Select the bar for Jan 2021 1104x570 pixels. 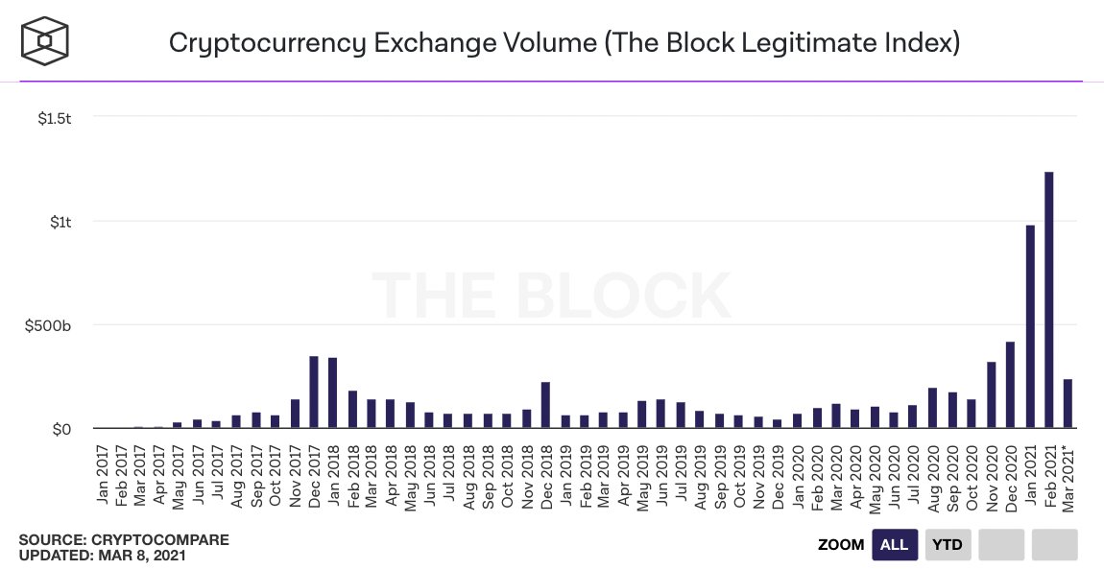click(1029, 326)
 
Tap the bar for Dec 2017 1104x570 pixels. click(314, 392)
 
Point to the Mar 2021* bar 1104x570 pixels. click(1068, 403)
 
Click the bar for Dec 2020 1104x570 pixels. click(1010, 385)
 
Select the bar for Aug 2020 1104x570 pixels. click(932, 408)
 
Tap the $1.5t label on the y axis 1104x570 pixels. click(54, 118)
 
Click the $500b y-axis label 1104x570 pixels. click(49, 325)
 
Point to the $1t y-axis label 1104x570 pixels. click(61, 222)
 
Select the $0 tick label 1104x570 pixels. click(60, 429)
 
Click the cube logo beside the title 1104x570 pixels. click(45, 42)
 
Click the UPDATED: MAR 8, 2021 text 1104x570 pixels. click(103, 555)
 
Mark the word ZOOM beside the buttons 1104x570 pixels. click(841, 544)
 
